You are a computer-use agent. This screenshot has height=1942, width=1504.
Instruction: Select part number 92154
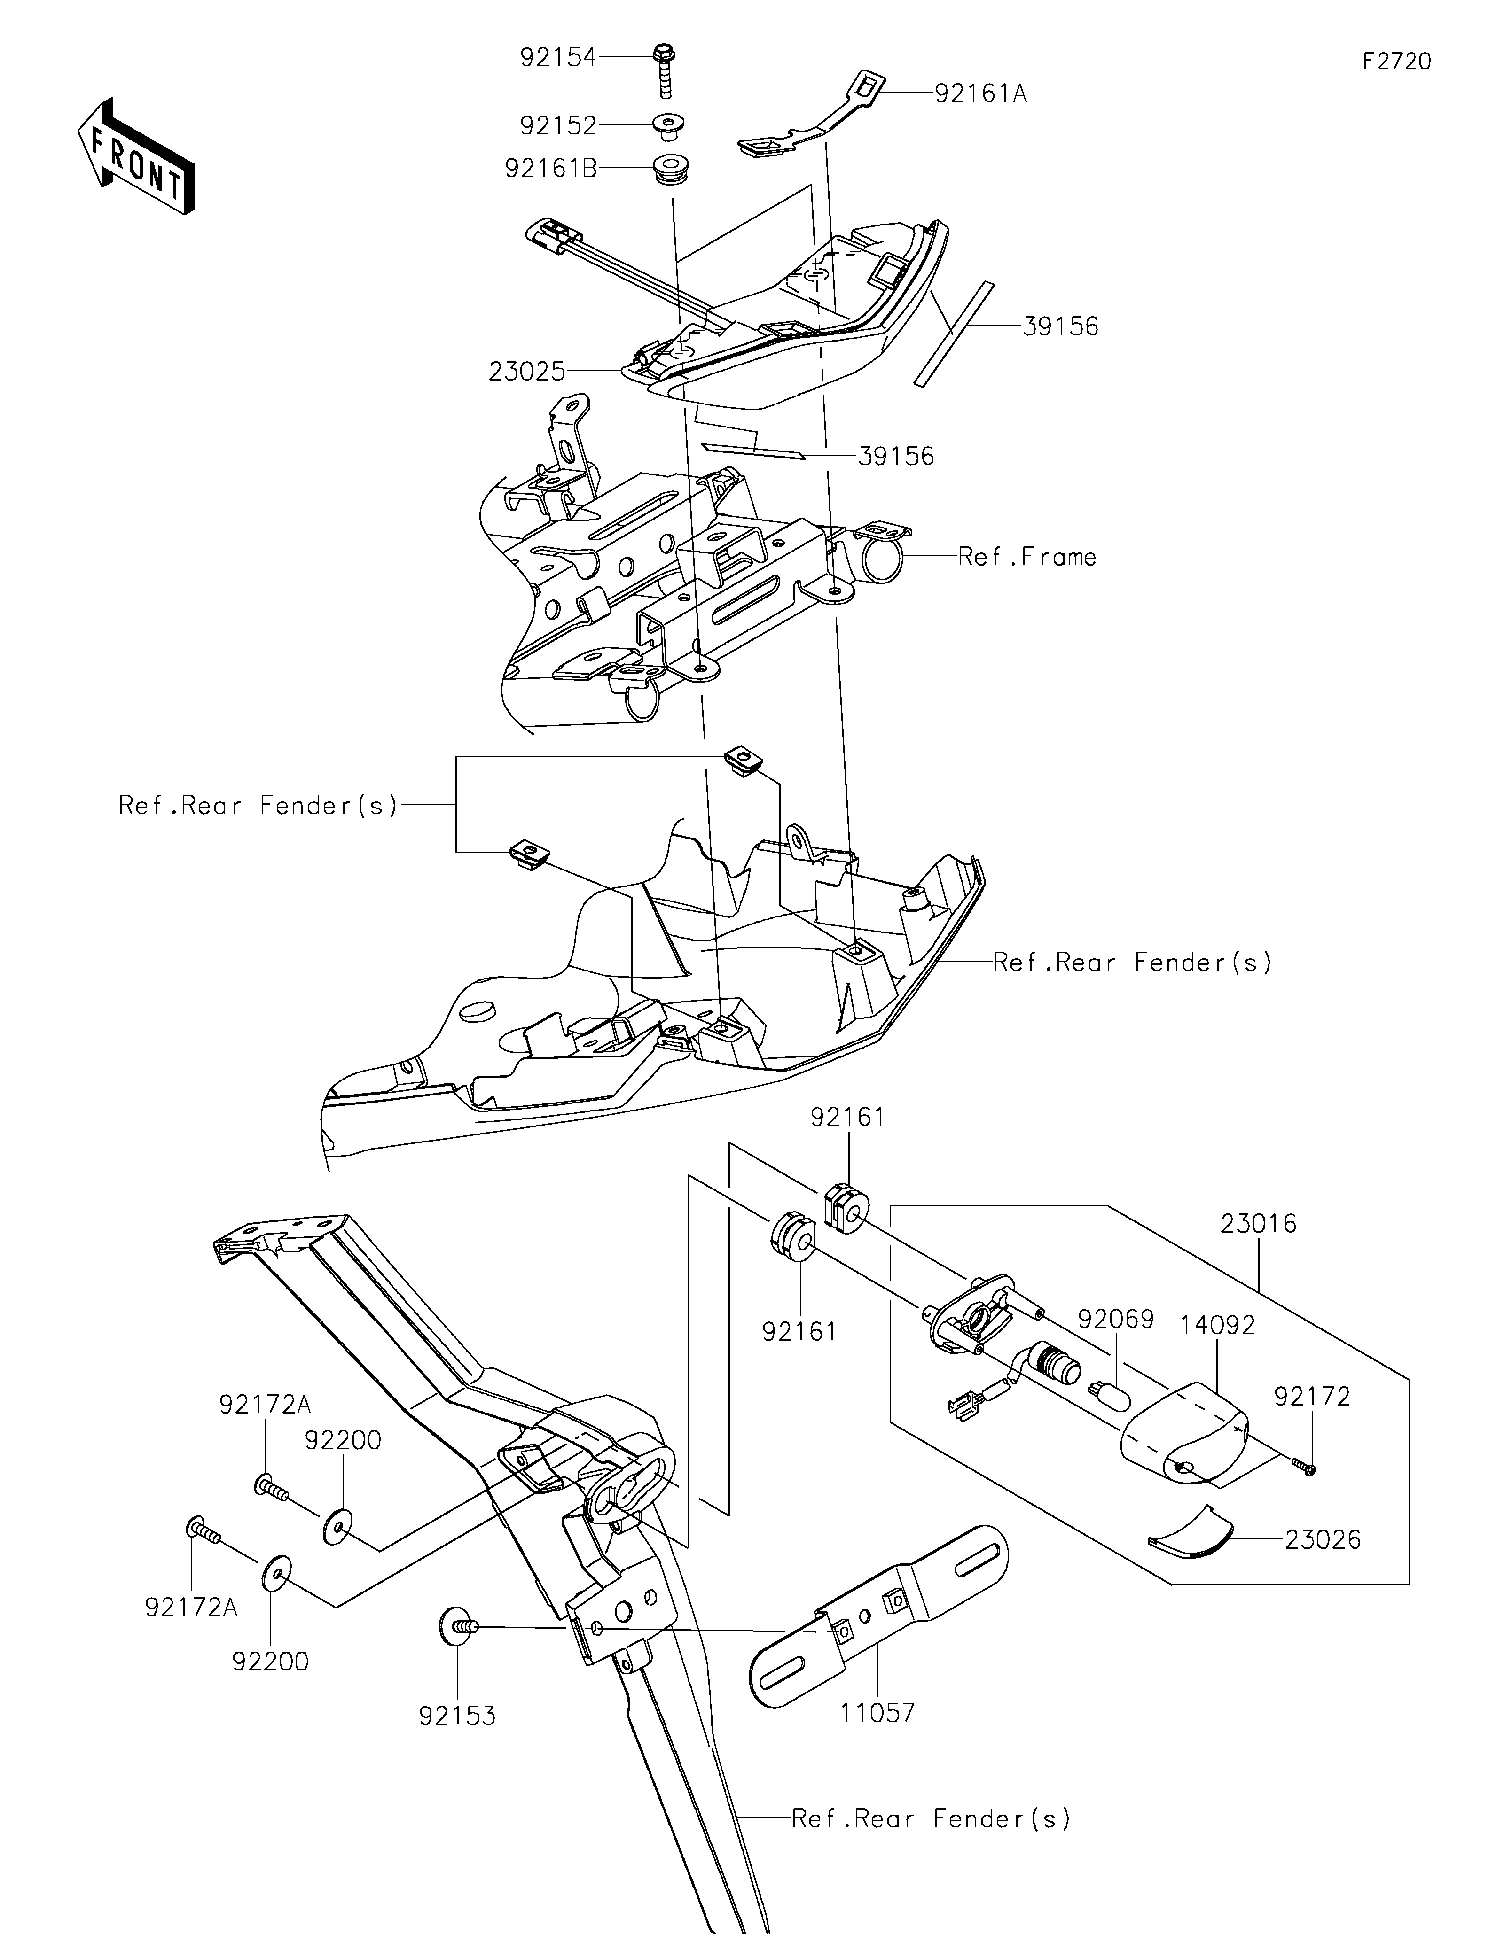point(558,58)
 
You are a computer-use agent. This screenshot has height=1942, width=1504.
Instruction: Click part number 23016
point(1259,1224)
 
